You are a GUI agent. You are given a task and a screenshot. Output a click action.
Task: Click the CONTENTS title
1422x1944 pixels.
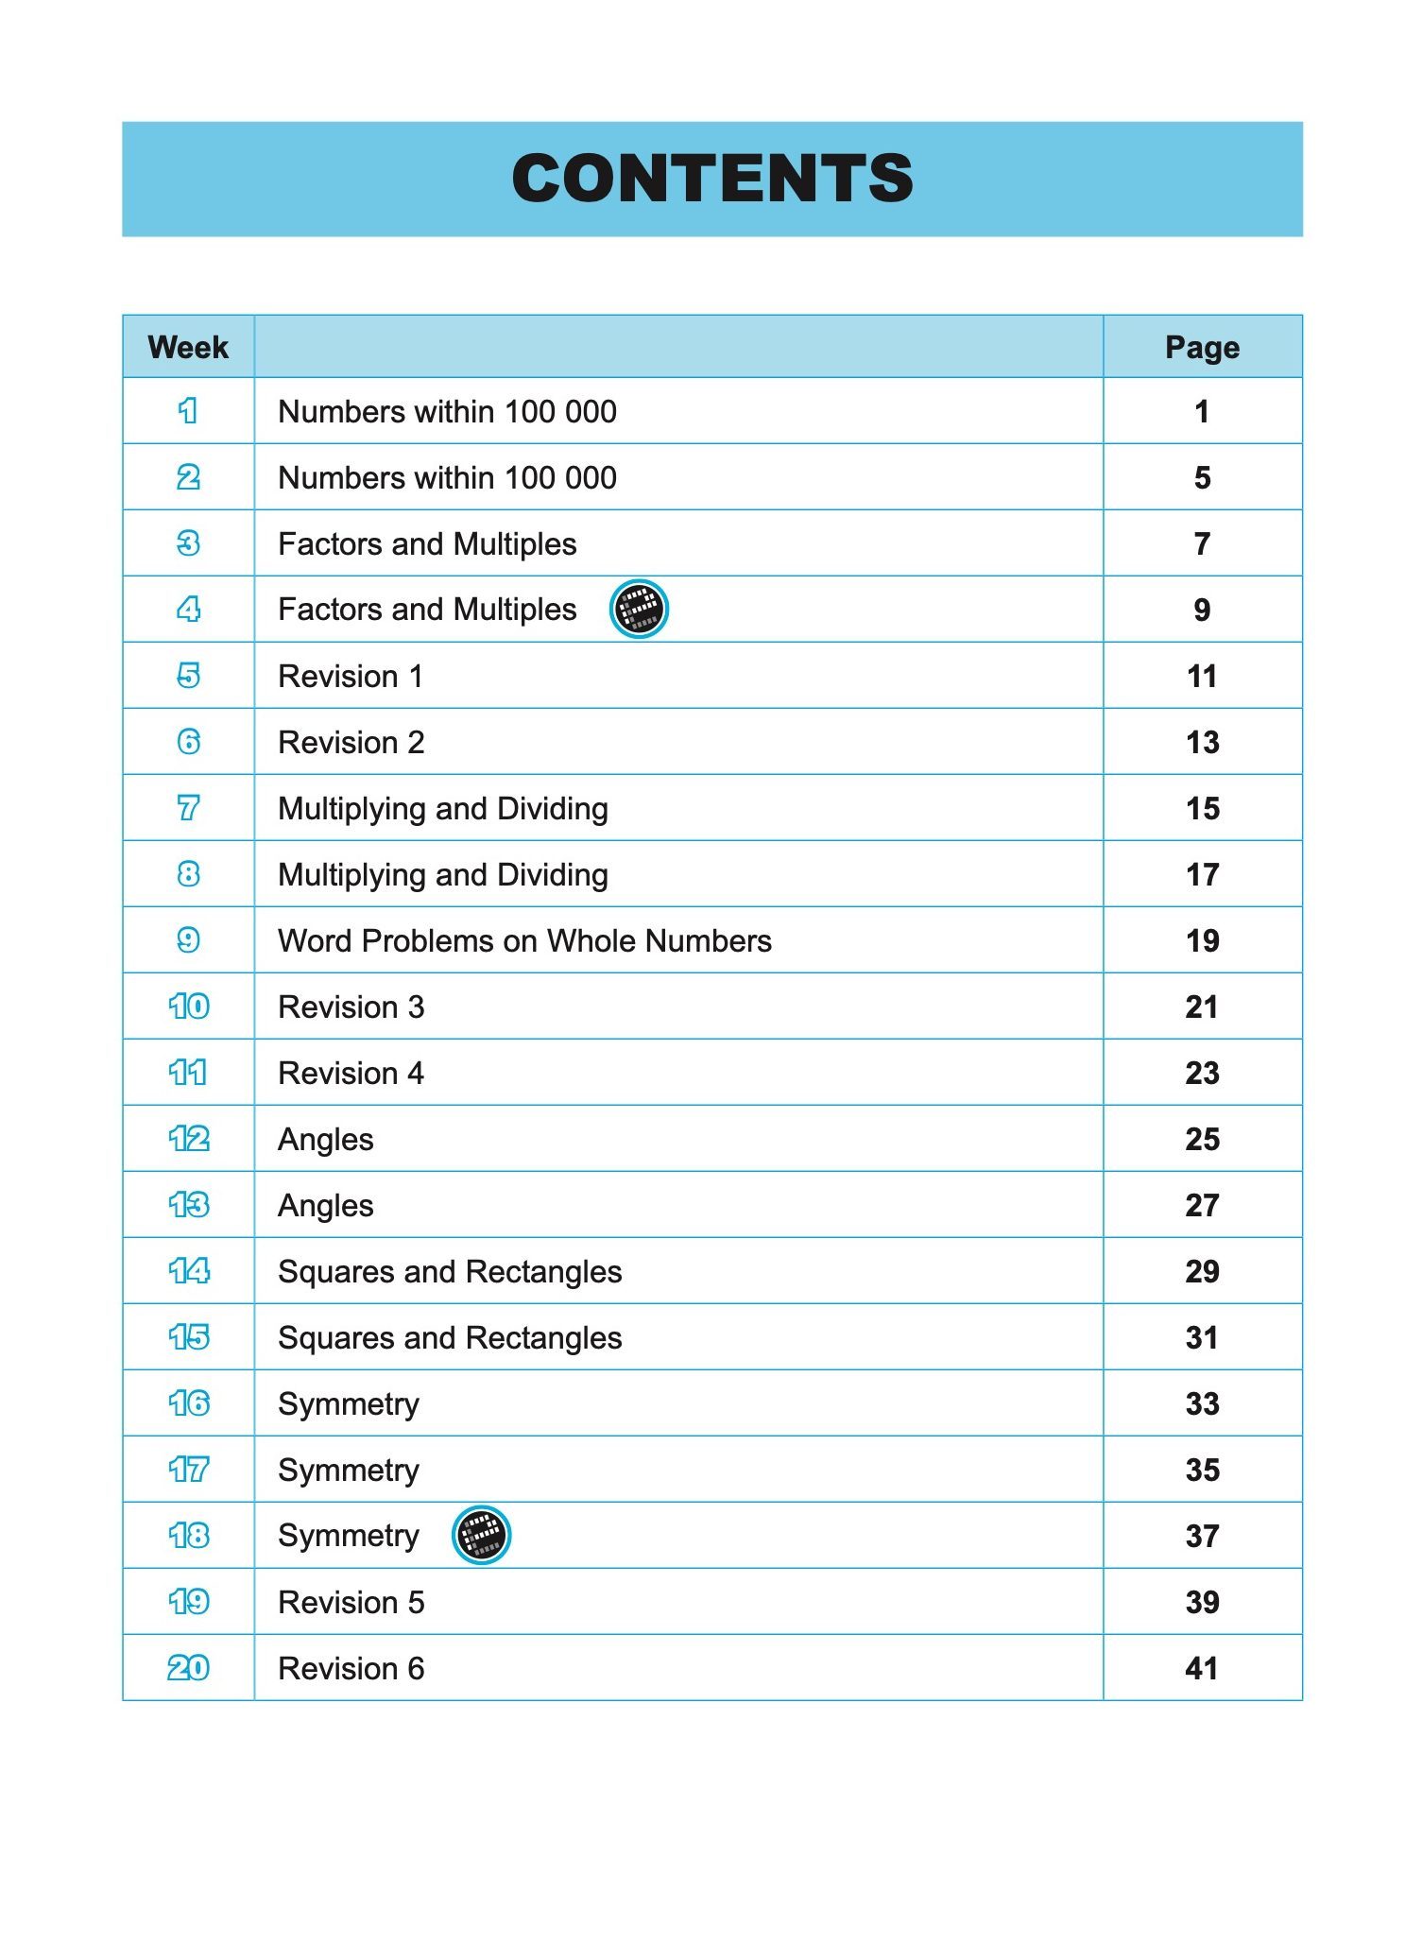click(711, 179)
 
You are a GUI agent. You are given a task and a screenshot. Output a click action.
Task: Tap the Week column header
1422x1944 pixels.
click(188, 347)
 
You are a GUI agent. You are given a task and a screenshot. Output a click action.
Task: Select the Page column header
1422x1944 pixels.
click(1202, 347)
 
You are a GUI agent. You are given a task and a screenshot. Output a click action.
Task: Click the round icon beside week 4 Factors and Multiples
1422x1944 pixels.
click(639, 609)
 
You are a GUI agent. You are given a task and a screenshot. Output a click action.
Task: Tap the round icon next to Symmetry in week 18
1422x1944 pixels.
click(481, 1535)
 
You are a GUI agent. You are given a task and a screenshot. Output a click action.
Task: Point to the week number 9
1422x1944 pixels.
click(188, 940)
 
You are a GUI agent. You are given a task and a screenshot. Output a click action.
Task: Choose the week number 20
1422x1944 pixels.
click(188, 1668)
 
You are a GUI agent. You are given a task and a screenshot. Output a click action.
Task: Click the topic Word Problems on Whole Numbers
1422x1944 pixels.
click(524, 941)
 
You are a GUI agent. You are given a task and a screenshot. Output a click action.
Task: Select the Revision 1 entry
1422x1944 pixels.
click(351, 677)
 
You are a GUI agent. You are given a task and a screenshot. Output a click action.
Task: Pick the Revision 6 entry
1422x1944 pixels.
click(351, 1669)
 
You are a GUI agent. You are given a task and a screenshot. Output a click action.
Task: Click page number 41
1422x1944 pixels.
click(1202, 1669)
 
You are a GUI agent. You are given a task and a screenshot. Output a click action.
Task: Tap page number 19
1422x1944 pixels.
click(1202, 941)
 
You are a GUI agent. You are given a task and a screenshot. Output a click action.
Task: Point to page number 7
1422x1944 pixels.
click(1202, 544)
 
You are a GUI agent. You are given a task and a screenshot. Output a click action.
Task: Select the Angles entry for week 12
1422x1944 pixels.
click(326, 1140)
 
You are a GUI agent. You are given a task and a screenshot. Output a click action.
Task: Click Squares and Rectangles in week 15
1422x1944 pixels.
click(450, 1338)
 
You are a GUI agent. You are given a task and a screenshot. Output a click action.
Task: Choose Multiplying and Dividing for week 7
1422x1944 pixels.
click(443, 809)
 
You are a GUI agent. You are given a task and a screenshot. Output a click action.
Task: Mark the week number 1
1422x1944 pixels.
click(188, 411)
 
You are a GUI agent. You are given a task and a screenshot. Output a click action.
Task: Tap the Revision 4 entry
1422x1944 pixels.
click(351, 1074)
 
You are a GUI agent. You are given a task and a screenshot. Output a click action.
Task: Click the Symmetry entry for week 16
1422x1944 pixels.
click(349, 1404)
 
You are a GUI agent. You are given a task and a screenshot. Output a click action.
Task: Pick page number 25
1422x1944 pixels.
click(1202, 1140)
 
